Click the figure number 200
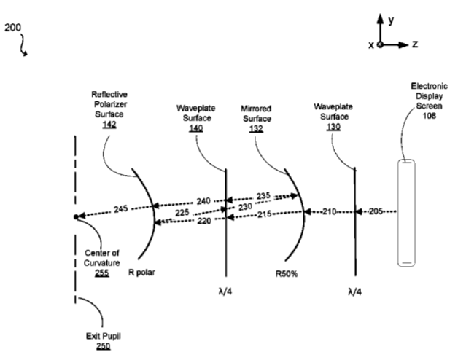tap(12, 28)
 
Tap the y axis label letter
tap(391, 20)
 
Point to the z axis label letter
tap(415, 44)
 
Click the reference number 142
tap(109, 124)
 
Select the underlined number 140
tap(196, 128)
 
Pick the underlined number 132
tap(256, 128)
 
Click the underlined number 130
tap(333, 127)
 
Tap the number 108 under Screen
tap(430, 116)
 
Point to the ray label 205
tap(376, 211)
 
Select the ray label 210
tap(330, 211)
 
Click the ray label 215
tap(264, 214)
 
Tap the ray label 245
tap(120, 208)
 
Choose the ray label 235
tap(263, 195)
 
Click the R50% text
tap(287, 274)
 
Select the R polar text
tap(141, 273)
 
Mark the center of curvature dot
tap(77, 216)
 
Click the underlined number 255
tap(102, 273)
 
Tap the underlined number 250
tap(104, 346)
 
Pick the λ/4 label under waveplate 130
tap(355, 291)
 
